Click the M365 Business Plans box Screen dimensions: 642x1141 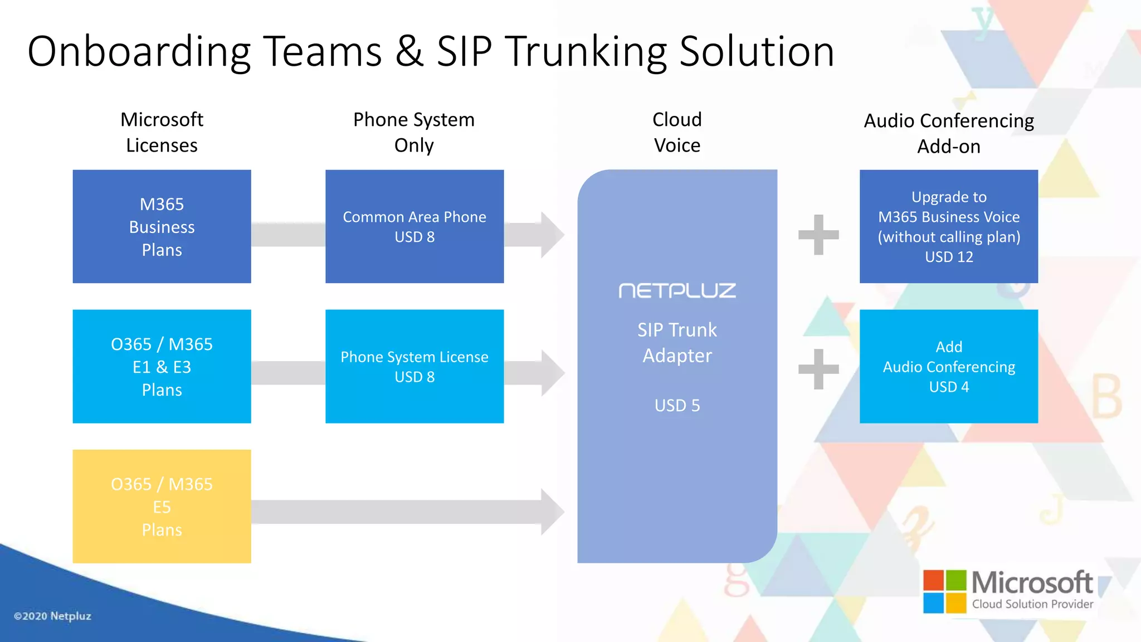pyautogui.click(x=162, y=226)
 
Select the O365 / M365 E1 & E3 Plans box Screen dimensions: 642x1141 pyautogui.click(x=162, y=366)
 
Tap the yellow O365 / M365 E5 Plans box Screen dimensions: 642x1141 pyautogui.click(x=162, y=506)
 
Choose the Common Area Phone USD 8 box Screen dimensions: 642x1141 pyautogui.click(x=415, y=226)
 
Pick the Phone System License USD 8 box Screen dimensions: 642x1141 pyautogui.click(x=415, y=366)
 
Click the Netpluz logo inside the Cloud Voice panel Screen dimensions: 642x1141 pyautogui.click(x=677, y=290)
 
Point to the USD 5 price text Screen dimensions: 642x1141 pyautogui.click(x=677, y=405)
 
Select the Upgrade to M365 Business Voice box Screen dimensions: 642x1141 pyautogui.click(x=949, y=226)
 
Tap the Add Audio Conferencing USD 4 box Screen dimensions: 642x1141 pyautogui.click(x=949, y=366)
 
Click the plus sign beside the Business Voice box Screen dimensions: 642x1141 pyautogui.click(x=818, y=235)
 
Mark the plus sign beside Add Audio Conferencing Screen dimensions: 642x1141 pyautogui.click(x=818, y=369)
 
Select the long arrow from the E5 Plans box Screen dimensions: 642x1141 pyautogui.click(x=407, y=512)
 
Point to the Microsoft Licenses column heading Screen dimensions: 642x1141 pyautogui.click(x=162, y=132)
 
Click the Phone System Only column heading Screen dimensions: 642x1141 pyautogui.click(x=414, y=132)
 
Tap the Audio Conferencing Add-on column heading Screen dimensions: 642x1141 pyautogui.click(x=949, y=133)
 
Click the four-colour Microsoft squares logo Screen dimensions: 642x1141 pyautogui.click(x=944, y=591)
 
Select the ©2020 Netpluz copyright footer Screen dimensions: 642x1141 pyautogui.click(x=52, y=616)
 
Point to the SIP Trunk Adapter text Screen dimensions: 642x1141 pyautogui.click(x=677, y=342)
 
